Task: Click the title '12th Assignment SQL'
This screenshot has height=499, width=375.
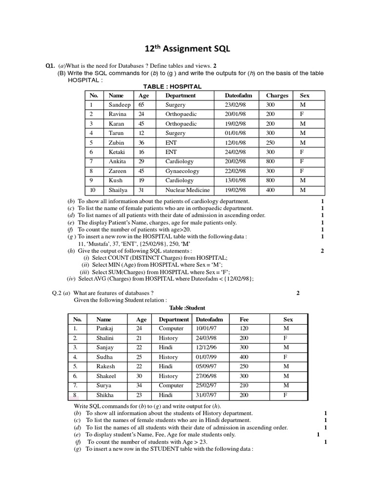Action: (x=187, y=49)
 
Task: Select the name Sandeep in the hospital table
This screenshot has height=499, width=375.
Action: (x=119, y=105)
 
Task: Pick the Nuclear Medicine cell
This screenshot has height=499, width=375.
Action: (x=187, y=190)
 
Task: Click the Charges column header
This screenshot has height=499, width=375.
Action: (x=277, y=96)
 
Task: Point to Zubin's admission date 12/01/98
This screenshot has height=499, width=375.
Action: (x=235, y=143)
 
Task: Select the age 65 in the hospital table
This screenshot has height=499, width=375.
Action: (x=142, y=105)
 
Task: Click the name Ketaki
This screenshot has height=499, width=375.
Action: (x=117, y=152)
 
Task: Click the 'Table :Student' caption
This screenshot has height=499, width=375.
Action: (x=187, y=308)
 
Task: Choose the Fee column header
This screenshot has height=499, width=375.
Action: (x=244, y=319)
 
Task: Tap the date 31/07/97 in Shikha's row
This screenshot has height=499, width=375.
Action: (x=206, y=395)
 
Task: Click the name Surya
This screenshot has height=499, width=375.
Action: (x=104, y=385)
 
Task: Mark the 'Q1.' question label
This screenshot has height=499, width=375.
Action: (x=50, y=66)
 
